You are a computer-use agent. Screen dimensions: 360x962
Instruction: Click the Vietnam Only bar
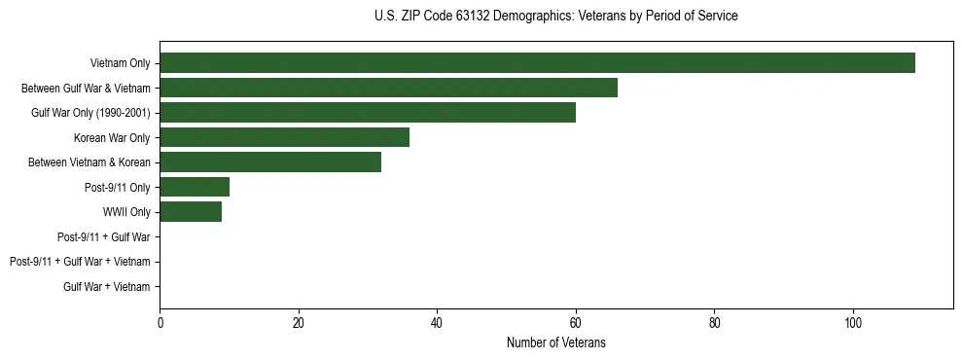tap(537, 63)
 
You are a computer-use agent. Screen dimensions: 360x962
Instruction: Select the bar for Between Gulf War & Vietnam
tap(388, 88)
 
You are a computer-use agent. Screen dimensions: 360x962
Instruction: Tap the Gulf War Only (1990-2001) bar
tap(368, 113)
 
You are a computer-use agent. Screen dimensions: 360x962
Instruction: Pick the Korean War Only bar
tap(284, 137)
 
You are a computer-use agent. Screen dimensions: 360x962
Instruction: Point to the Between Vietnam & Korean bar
tap(270, 162)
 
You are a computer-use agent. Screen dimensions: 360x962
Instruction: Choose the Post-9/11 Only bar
tap(195, 187)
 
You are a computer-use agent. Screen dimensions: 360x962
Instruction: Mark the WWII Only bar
tap(191, 212)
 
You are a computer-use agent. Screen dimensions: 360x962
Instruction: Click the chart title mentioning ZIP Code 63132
tap(555, 17)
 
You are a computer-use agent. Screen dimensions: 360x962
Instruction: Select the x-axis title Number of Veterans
tap(555, 342)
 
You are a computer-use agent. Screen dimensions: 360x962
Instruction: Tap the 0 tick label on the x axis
tap(160, 322)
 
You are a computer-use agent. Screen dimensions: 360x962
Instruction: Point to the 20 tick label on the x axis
tap(299, 322)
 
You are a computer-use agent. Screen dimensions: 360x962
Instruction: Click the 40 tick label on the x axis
tap(437, 322)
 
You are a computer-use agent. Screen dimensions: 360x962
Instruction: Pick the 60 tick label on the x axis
tap(576, 322)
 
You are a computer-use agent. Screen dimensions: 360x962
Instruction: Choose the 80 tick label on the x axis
tap(714, 322)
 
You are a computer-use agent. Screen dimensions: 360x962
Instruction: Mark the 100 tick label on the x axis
tap(853, 322)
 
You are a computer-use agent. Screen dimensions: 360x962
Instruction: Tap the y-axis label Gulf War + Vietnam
tap(107, 286)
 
